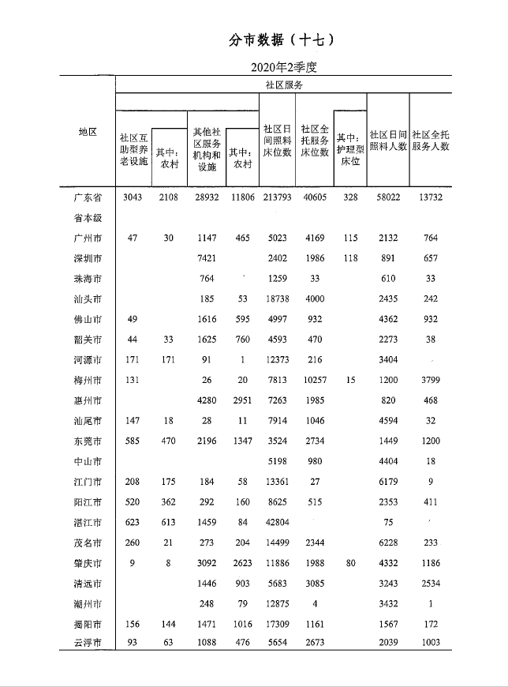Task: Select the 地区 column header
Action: coord(88,132)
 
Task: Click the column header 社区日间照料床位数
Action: coord(277,140)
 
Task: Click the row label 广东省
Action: coord(88,197)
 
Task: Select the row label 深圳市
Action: coord(88,258)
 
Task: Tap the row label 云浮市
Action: coord(88,644)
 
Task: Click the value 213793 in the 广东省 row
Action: coord(277,197)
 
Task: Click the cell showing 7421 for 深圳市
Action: coord(207,258)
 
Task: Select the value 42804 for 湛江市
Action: coord(277,520)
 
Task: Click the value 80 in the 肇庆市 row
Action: coord(350,561)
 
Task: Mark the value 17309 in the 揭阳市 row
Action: coord(277,623)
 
